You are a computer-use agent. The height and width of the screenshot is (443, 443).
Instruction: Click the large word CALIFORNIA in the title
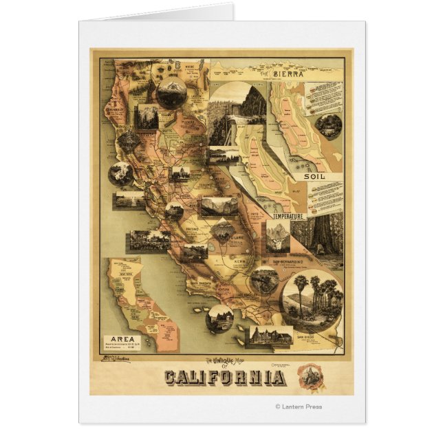pyautogui.click(x=224, y=378)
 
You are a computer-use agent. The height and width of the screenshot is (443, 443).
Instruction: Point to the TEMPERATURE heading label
pyautogui.click(x=288, y=216)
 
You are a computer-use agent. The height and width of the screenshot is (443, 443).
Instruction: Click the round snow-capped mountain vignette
pyautogui.click(x=171, y=93)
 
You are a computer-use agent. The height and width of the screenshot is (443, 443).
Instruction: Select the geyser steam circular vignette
pyautogui.click(x=121, y=173)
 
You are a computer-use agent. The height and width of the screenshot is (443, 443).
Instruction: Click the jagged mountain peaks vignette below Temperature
pyautogui.click(x=278, y=237)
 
